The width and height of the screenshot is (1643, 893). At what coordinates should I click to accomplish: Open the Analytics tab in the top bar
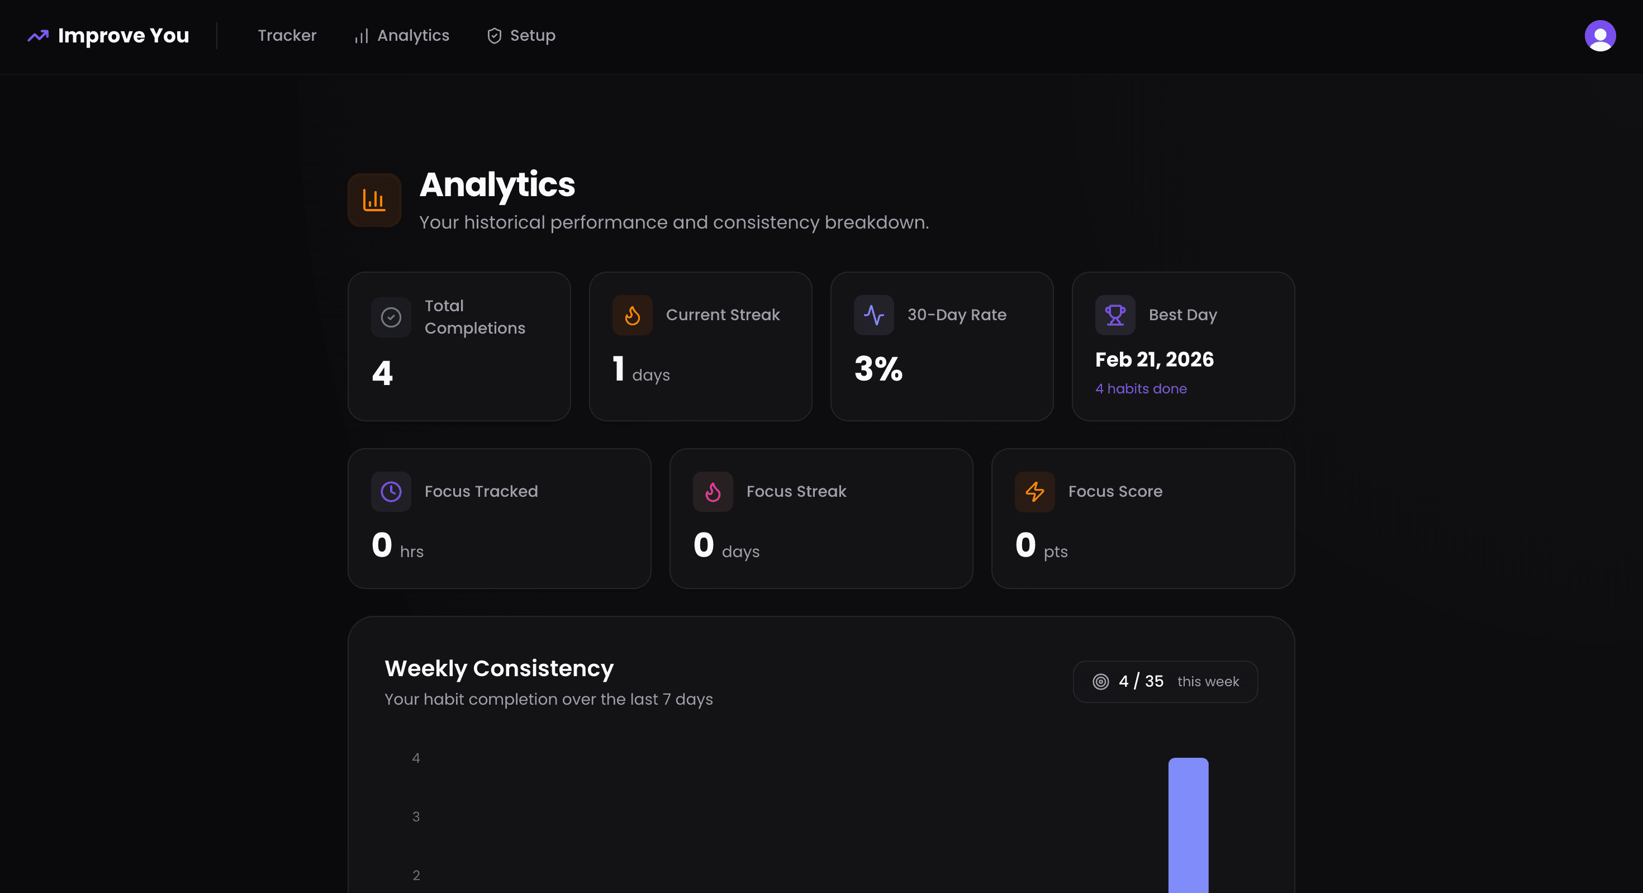pos(402,36)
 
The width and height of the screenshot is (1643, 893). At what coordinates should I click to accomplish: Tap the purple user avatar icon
pos(1599,36)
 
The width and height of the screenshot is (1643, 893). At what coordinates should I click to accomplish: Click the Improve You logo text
pos(123,36)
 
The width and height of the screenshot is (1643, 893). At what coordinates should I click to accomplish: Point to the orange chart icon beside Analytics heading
pos(374,200)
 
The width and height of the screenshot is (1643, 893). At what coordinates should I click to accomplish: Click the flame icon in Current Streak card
pos(632,315)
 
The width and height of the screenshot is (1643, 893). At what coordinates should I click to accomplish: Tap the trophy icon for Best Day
pos(1115,315)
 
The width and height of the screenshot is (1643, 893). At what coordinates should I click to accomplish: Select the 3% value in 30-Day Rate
pos(879,369)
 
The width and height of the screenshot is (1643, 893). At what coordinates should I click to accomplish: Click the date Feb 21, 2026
pos(1154,360)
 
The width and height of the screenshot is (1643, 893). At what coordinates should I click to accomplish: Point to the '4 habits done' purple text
pos(1141,389)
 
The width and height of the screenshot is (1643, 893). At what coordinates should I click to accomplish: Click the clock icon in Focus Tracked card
pos(391,492)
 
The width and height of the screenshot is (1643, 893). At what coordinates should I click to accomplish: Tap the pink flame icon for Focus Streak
pos(713,492)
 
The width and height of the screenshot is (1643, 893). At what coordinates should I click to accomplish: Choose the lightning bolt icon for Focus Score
pos(1034,492)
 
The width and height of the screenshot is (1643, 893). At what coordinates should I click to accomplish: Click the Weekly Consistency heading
pos(498,668)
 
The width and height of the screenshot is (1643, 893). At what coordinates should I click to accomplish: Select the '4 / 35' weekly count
pos(1141,681)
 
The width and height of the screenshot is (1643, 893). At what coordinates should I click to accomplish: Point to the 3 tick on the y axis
pos(416,817)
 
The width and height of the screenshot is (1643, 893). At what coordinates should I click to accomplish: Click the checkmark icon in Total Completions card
pos(391,317)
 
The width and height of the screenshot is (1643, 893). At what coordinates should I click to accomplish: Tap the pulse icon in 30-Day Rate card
pos(874,315)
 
